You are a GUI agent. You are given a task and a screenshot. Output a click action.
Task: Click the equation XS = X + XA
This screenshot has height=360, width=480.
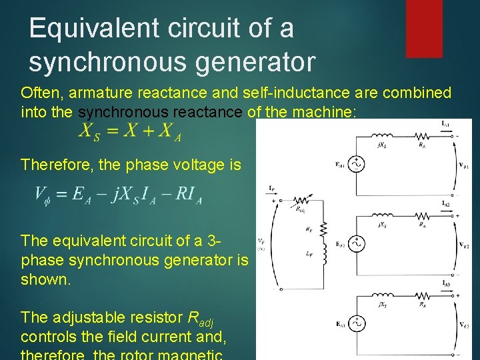coord(130,131)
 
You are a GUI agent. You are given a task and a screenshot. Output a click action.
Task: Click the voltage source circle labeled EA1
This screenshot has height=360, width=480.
coord(357,164)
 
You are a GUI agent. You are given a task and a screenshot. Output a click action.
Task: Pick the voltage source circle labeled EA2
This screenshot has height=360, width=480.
coord(357,244)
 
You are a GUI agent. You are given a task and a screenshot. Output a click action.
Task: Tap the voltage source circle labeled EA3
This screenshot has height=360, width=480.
coord(357,323)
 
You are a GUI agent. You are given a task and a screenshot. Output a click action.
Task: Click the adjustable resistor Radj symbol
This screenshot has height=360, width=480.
coord(302,202)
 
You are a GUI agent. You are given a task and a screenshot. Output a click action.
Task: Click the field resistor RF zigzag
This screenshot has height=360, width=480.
coord(325,229)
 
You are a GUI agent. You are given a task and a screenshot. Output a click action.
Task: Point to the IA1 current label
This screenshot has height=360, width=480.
coord(445,124)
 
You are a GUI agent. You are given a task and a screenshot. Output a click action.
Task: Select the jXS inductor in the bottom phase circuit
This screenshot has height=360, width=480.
coord(383,295)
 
